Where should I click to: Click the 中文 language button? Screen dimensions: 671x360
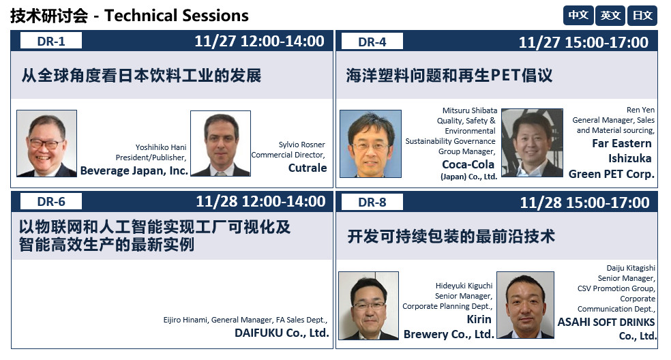(x=578, y=16)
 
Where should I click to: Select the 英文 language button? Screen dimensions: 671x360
(x=610, y=16)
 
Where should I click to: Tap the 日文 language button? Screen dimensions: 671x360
(x=642, y=16)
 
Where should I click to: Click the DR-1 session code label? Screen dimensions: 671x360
(x=51, y=41)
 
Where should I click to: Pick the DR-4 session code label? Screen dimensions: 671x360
(x=372, y=42)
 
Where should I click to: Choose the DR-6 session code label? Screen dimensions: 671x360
(x=51, y=202)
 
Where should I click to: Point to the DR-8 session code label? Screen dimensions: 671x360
(x=372, y=202)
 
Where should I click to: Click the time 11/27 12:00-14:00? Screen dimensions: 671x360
(x=259, y=41)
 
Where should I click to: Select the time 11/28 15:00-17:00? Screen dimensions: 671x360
(x=584, y=202)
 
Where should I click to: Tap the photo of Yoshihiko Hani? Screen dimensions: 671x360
(x=46, y=143)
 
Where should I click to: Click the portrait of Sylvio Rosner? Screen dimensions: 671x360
(x=220, y=143)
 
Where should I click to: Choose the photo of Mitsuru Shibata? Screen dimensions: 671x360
(x=370, y=144)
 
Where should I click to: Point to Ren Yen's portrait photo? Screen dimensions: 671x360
(x=532, y=142)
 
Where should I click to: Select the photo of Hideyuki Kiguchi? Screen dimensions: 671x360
(x=368, y=305)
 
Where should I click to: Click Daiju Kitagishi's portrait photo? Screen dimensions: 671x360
(x=526, y=305)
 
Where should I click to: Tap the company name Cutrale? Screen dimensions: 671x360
(x=308, y=168)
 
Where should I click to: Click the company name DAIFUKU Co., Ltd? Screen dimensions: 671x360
(x=282, y=333)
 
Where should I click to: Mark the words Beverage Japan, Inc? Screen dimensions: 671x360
(x=134, y=170)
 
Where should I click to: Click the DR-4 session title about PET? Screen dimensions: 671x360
(x=449, y=75)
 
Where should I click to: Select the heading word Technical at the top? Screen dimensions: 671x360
(x=140, y=16)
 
